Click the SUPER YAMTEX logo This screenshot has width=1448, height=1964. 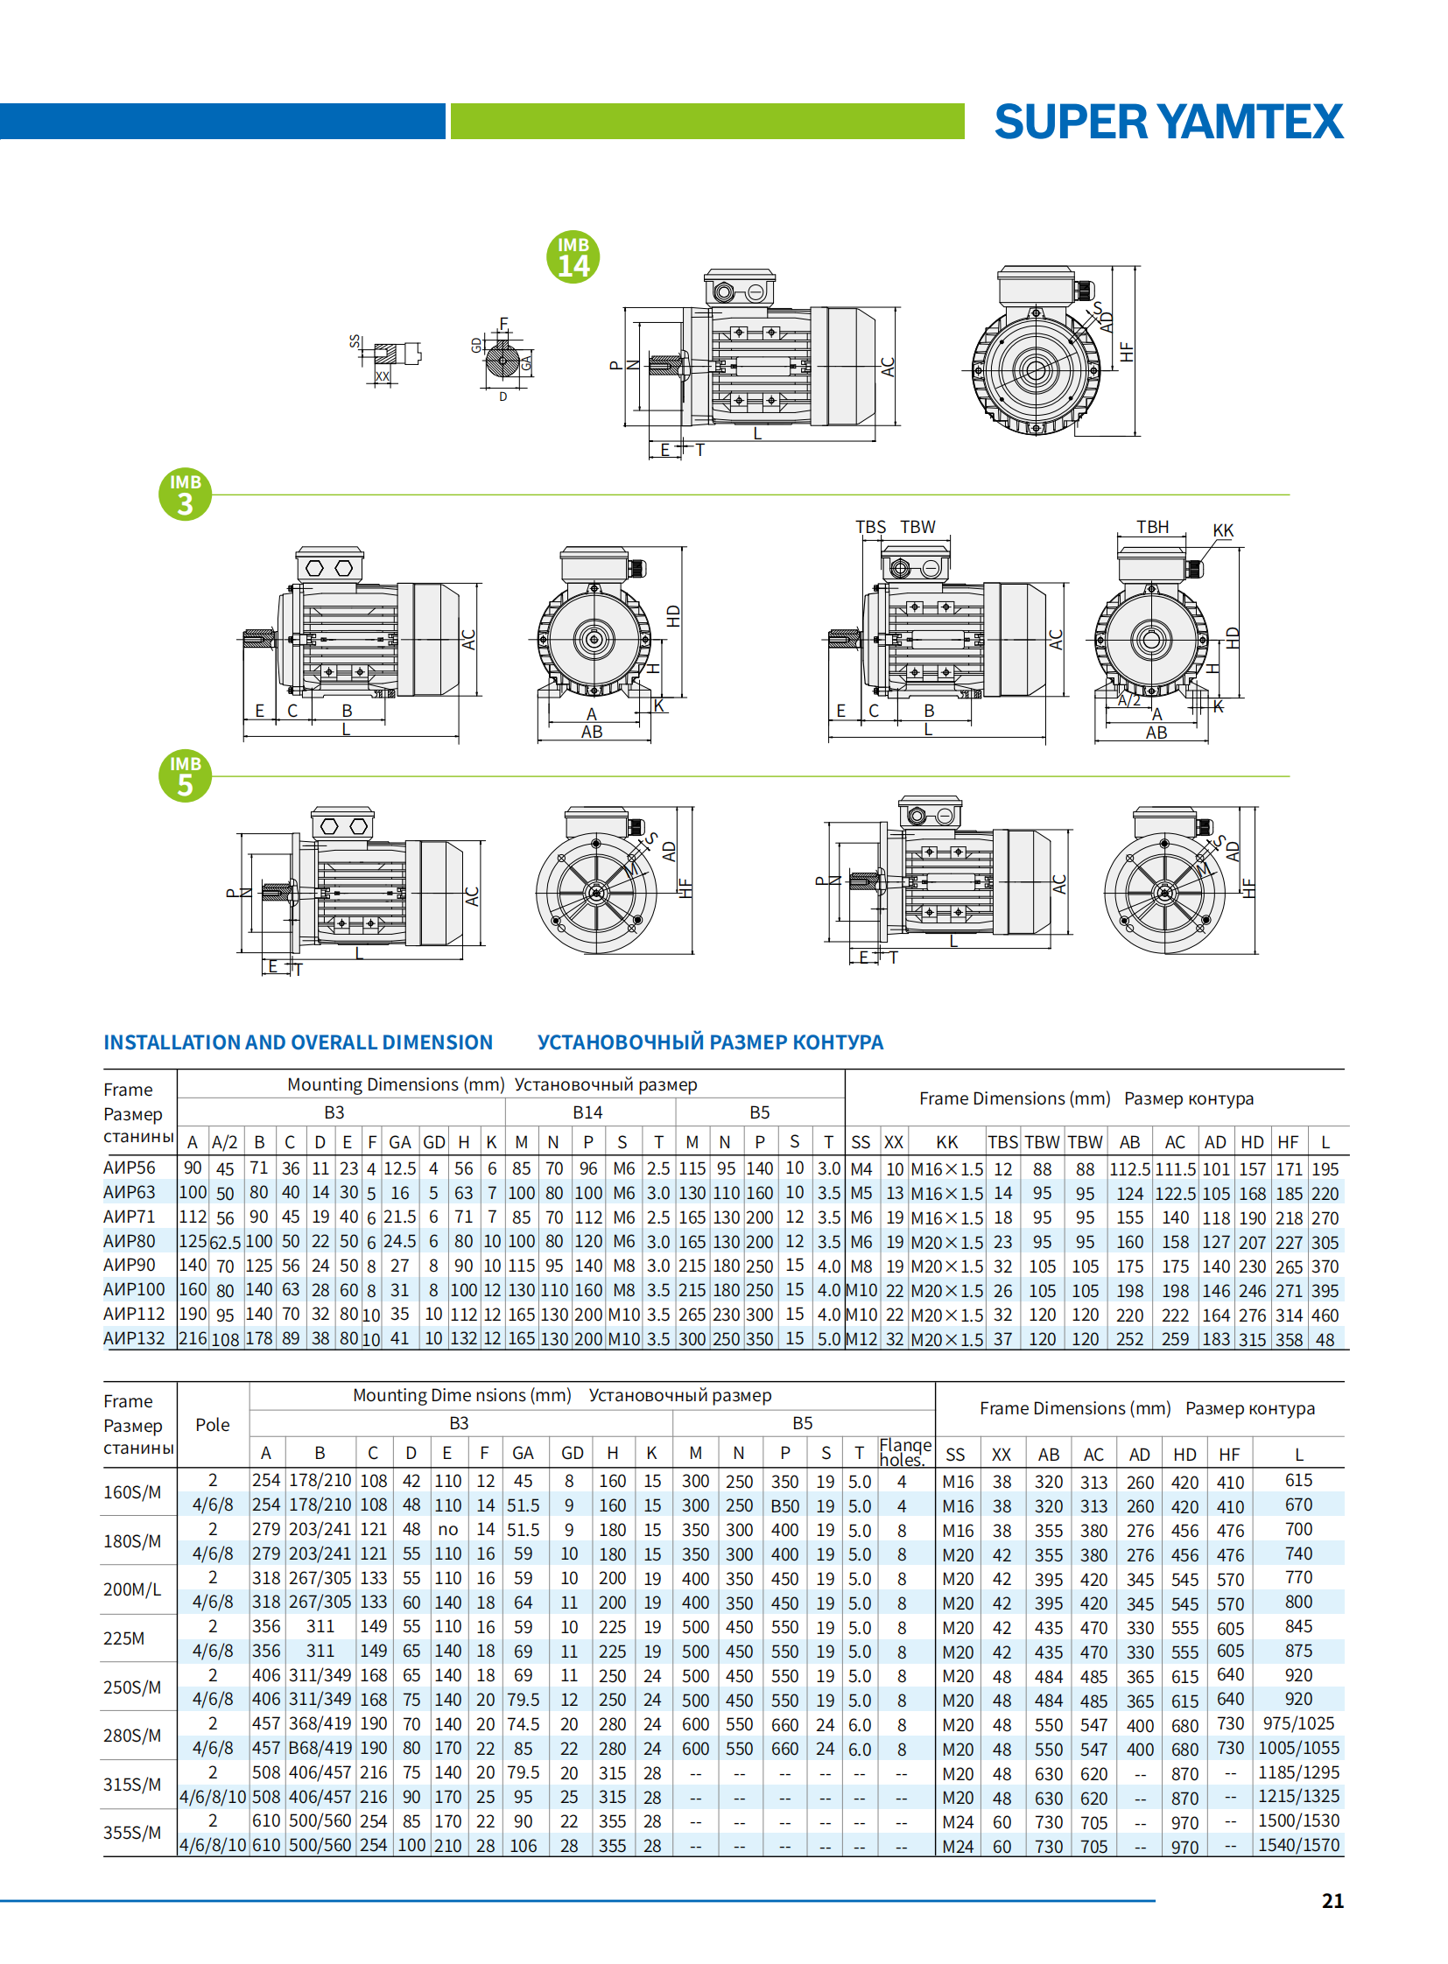(1168, 122)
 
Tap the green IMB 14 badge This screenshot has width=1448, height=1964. (573, 256)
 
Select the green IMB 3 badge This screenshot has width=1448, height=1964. (185, 495)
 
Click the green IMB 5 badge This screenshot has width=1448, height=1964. (185, 775)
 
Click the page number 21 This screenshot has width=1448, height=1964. (1332, 1900)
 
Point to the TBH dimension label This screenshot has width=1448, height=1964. (1152, 527)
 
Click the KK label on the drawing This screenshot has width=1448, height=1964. (1222, 530)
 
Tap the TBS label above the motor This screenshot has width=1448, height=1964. (869, 527)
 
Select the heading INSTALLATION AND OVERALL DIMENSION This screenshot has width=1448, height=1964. (298, 1042)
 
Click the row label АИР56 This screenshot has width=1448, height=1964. (130, 1168)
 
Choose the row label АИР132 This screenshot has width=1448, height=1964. (134, 1338)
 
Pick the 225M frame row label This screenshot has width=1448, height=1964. (123, 1638)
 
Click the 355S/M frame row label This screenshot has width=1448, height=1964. (132, 1833)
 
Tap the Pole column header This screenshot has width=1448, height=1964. (212, 1425)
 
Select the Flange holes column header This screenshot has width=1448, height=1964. (905, 1452)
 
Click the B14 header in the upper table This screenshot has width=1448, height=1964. (587, 1112)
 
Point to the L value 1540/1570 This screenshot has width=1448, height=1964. (1298, 1845)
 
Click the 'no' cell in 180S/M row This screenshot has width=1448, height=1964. (447, 1529)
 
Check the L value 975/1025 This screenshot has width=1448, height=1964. (1298, 1723)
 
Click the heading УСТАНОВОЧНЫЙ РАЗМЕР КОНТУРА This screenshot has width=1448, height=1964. (710, 1042)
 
